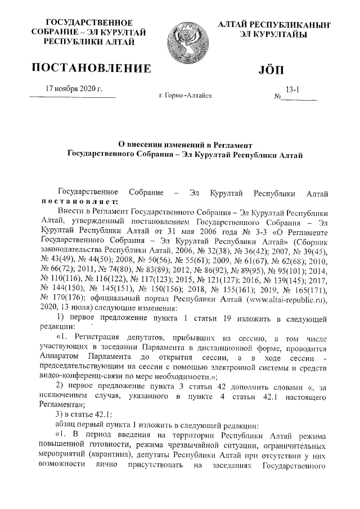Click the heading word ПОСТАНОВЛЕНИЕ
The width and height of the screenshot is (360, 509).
(x=91, y=69)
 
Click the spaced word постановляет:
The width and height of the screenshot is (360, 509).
(x=79, y=202)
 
